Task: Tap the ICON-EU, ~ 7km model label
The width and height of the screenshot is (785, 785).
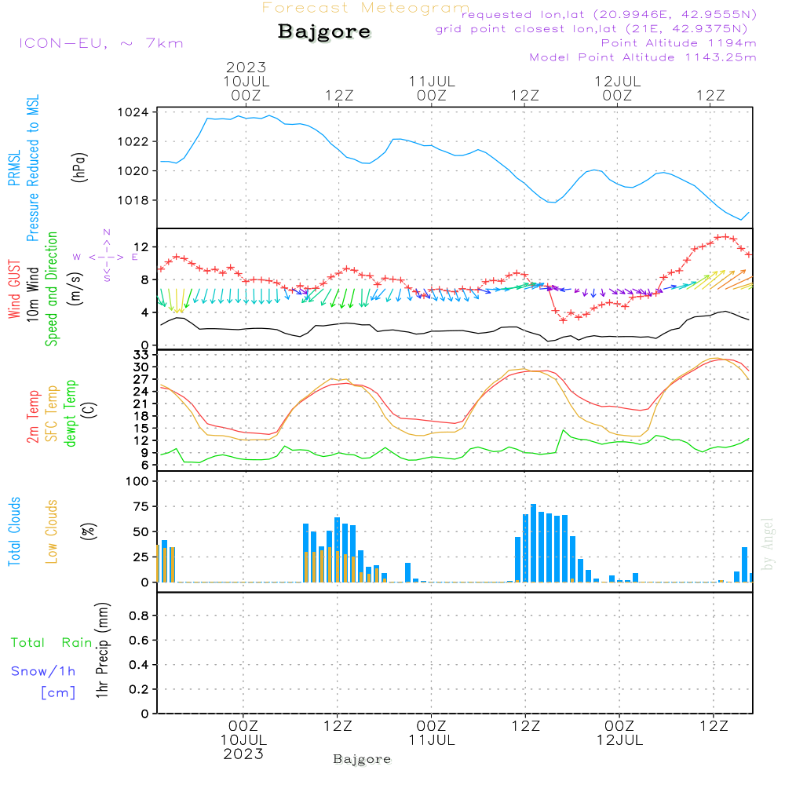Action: pyautogui.click(x=100, y=43)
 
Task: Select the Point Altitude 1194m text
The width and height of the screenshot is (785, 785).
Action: pyautogui.click(x=678, y=43)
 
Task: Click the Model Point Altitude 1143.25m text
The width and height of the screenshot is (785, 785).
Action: pyautogui.click(x=643, y=57)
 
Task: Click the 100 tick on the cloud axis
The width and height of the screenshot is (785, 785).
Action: pyautogui.click(x=139, y=482)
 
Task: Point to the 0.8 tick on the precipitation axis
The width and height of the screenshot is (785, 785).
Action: pyautogui.click(x=138, y=616)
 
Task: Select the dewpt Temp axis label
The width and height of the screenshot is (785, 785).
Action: pyautogui.click(x=71, y=414)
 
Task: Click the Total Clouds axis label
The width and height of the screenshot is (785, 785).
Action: pyautogui.click(x=14, y=531)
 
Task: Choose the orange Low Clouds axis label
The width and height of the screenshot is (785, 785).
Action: pyautogui.click(x=52, y=531)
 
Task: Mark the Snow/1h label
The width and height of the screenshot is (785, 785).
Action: pyautogui.click(x=43, y=671)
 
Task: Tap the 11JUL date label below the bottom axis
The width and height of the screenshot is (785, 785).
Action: pyautogui.click(x=431, y=740)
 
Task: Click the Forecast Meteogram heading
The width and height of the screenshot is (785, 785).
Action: pyautogui.click(x=366, y=8)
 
